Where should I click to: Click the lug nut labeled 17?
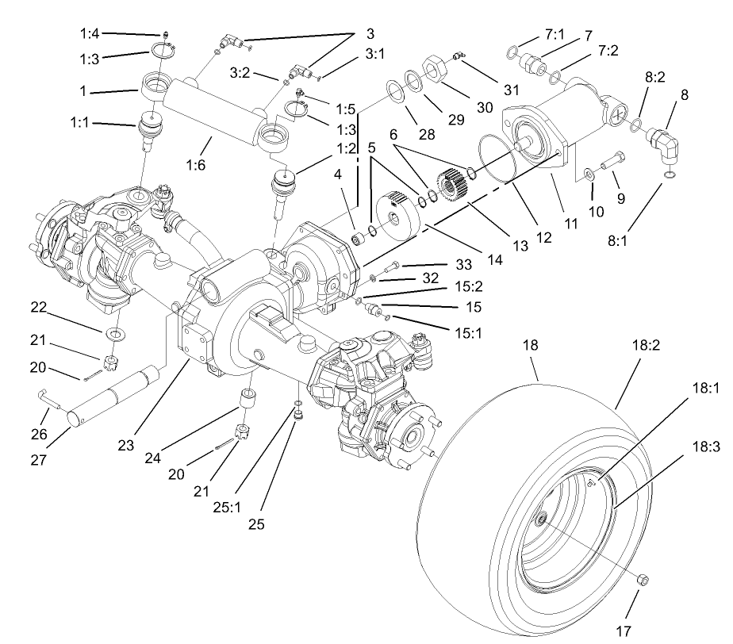tap(643, 581)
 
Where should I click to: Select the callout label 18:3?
tap(704, 447)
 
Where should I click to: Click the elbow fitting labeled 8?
tap(665, 145)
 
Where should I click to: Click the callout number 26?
tap(38, 434)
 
